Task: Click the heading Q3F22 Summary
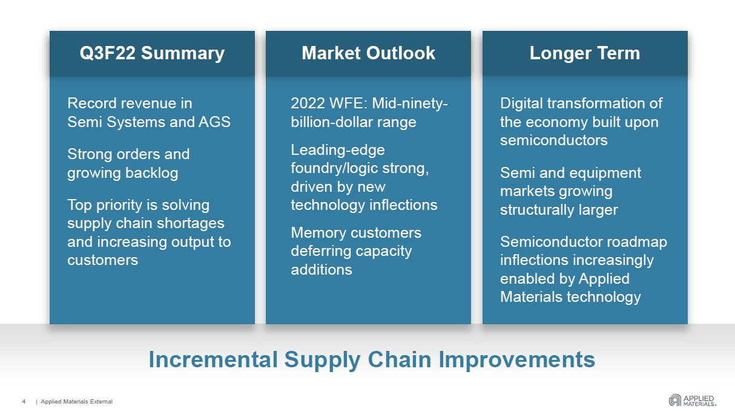(152, 53)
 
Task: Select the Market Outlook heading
(368, 53)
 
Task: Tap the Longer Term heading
(585, 53)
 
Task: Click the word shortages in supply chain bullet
(190, 223)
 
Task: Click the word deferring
(321, 252)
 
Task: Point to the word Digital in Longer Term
(521, 103)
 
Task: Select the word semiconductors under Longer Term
(554, 140)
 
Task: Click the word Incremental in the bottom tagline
(213, 359)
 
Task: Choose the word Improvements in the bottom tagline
(517, 361)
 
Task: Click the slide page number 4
(24, 402)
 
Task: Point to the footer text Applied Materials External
(76, 402)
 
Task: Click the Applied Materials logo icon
(674, 400)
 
